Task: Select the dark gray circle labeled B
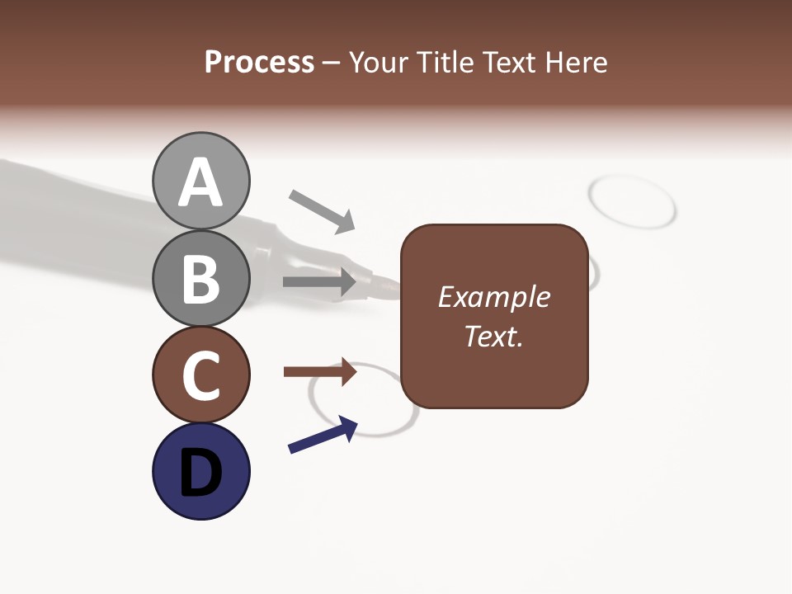[x=200, y=278]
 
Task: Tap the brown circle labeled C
[x=200, y=375]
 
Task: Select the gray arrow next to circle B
[x=320, y=282]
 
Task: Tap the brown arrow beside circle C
[x=320, y=372]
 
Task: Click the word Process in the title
[x=259, y=62]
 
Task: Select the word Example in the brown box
[x=493, y=297]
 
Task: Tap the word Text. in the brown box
[x=493, y=336]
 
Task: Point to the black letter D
[x=200, y=474]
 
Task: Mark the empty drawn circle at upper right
[x=633, y=200]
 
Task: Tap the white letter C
[x=200, y=376]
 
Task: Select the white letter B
[x=200, y=279]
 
